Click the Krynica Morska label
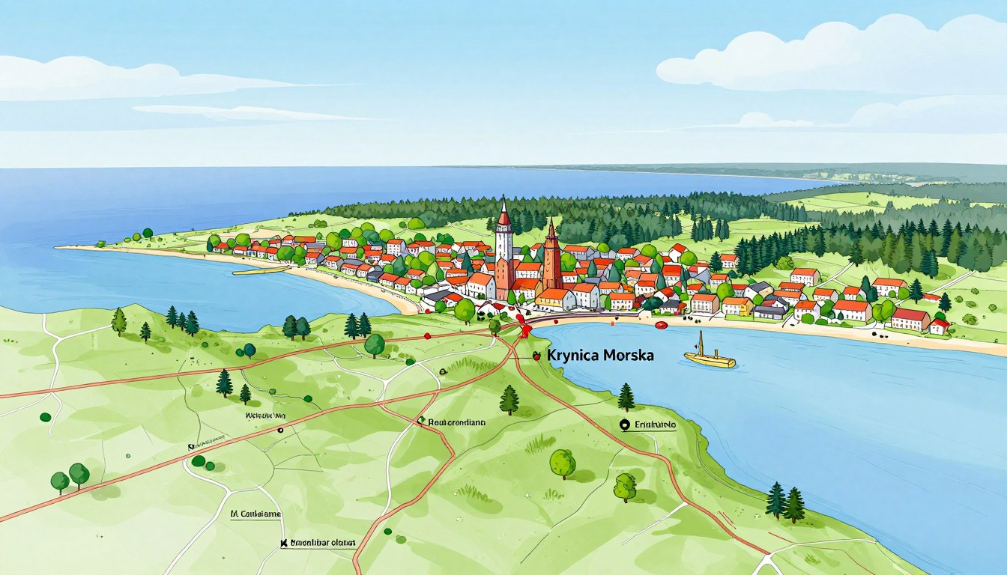(x=600, y=356)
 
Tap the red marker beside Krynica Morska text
(x=536, y=357)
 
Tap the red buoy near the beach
(x=661, y=325)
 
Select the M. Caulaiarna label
(x=256, y=514)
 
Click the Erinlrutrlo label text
(x=656, y=425)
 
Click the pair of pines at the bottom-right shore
(x=784, y=502)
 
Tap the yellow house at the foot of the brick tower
(x=555, y=299)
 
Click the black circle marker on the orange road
(x=280, y=431)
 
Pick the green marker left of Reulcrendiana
(x=421, y=422)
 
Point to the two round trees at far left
(x=70, y=477)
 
